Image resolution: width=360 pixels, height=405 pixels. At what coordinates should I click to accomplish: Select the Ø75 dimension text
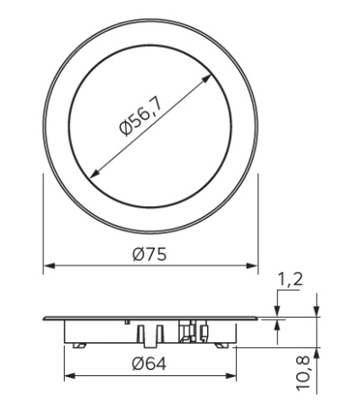[149, 255]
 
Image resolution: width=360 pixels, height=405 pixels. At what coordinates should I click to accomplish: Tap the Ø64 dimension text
[149, 364]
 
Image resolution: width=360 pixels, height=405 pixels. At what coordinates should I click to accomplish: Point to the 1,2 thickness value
[290, 280]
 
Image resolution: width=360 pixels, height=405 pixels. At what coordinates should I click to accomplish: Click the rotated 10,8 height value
[303, 372]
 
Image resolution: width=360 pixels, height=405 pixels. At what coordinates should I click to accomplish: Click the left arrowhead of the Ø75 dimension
[48, 266]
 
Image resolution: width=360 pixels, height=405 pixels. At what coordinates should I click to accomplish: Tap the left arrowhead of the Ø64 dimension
[67, 375]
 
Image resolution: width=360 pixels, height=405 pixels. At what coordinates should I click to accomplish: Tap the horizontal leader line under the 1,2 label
[290, 292]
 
